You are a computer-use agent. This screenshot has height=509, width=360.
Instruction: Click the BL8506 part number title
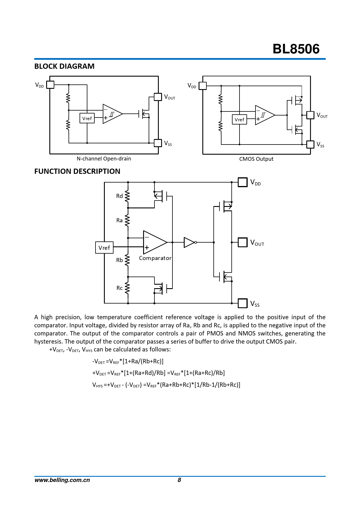tap(296, 49)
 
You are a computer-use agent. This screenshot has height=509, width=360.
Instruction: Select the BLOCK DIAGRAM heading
tap(64, 66)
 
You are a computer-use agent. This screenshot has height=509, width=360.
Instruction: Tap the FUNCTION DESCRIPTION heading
tap(77, 171)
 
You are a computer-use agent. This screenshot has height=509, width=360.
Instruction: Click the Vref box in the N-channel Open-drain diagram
tap(87, 118)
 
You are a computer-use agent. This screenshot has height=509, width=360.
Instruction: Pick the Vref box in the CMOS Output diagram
tap(240, 120)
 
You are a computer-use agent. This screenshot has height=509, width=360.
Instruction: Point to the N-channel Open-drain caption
tap(104, 159)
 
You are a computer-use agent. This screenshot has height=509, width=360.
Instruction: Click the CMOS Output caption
tap(256, 159)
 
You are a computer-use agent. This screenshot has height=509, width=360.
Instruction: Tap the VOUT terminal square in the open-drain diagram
tap(158, 97)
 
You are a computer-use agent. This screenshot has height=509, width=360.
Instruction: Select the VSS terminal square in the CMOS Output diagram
tap(310, 144)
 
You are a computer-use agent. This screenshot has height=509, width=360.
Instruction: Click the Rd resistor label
tap(119, 196)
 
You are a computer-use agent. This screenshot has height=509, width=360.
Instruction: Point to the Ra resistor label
tap(119, 221)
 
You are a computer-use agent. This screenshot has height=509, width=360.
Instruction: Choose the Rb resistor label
tap(119, 260)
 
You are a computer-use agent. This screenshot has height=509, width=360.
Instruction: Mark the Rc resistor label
tap(119, 288)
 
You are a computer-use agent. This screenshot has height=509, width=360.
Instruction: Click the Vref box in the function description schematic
tap(104, 248)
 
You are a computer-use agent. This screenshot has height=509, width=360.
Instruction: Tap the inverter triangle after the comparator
tap(189, 242)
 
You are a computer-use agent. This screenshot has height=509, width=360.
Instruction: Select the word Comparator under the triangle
tap(155, 258)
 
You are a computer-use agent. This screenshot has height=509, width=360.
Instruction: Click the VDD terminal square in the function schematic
tap(242, 182)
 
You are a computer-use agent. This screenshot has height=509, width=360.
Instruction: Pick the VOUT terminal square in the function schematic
tap(242, 242)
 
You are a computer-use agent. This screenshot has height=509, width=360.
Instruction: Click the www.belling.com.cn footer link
tap(62, 480)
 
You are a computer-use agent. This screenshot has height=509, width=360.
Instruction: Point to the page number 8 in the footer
tap(179, 480)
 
